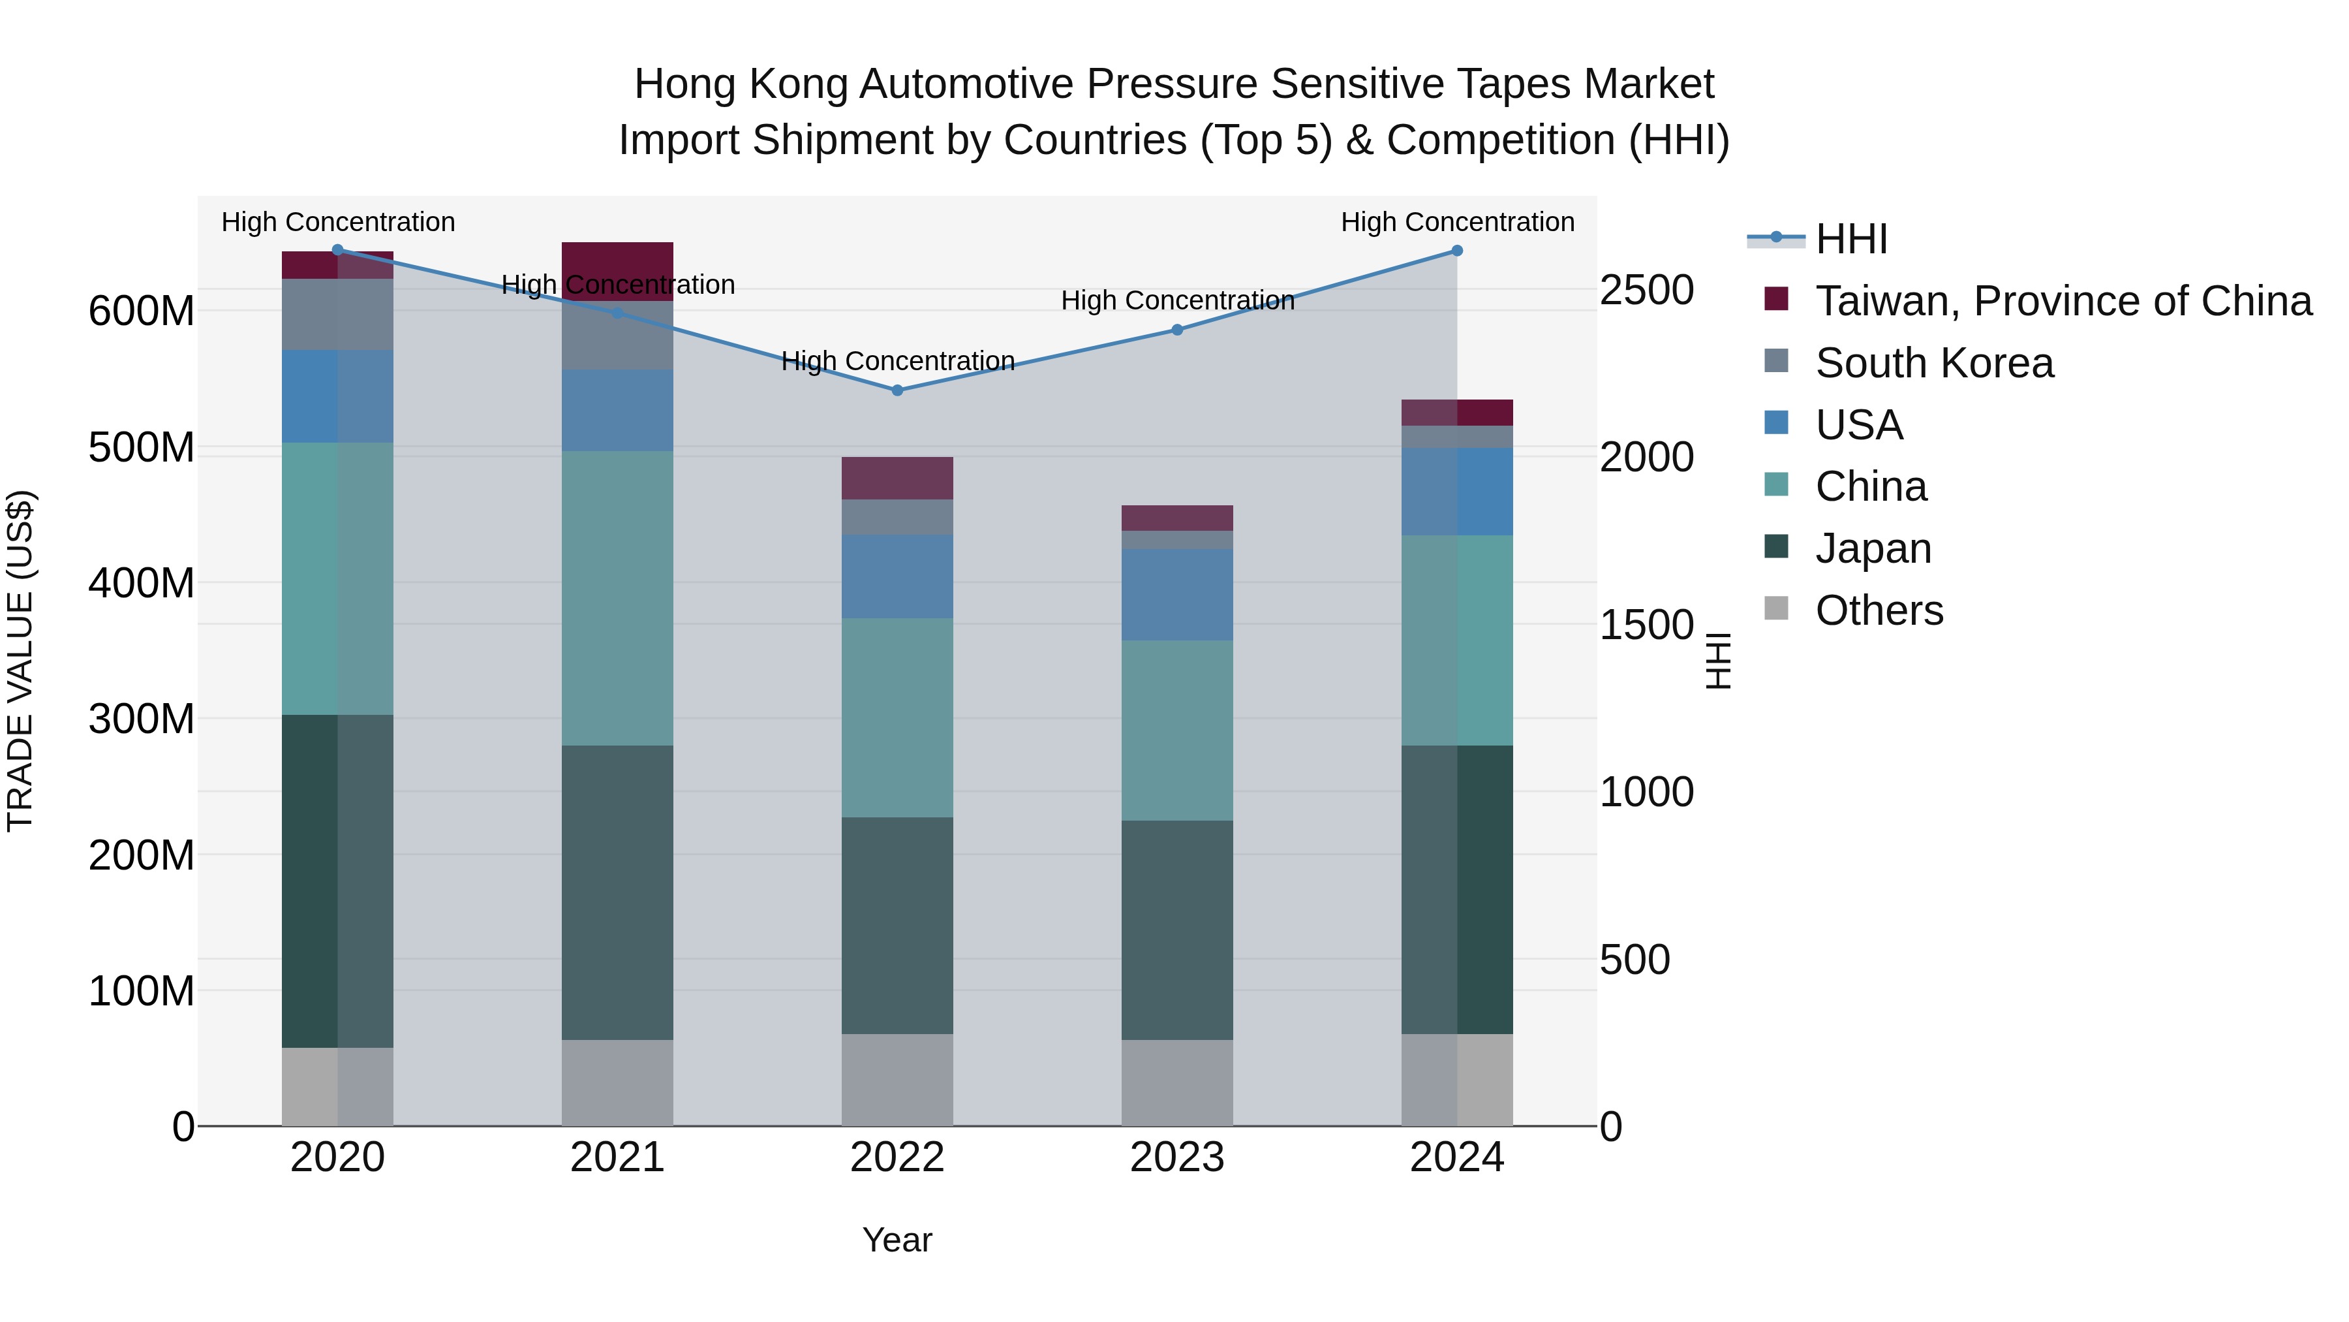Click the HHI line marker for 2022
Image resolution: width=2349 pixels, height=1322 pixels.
point(897,390)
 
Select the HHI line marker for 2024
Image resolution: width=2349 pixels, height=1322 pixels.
point(1456,251)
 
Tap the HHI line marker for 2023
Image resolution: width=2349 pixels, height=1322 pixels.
point(1176,330)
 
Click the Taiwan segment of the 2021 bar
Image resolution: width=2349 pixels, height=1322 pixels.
point(617,271)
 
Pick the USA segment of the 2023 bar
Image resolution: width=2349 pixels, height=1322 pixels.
point(1176,594)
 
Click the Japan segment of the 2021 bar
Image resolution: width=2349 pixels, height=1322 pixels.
point(617,892)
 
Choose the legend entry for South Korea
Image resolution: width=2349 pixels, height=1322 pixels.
point(1934,363)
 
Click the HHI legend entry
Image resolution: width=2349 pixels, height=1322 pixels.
point(1851,239)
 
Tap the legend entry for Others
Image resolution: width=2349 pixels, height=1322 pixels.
point(1879,610)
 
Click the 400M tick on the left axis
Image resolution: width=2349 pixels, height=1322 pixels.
point(142,583)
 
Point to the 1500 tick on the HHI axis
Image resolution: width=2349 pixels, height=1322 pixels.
point(1646,625)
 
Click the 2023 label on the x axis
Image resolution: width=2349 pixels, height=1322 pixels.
point(1176,1157)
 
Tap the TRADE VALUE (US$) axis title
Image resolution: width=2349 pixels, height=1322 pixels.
point(20,661)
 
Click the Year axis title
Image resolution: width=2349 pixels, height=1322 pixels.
point(897,1240)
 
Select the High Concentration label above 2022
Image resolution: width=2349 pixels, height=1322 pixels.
point(897,361)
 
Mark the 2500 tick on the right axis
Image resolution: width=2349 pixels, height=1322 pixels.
point(1646,290)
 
